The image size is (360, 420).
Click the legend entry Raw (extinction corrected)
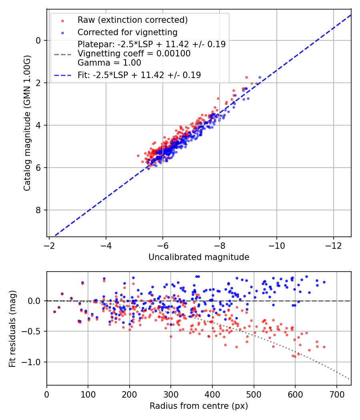[132, 20]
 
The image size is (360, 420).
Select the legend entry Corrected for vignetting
[127, 32]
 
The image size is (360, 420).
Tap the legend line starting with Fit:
[139, 75]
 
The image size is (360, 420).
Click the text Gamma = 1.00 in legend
[109, 62]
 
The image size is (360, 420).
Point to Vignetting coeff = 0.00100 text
[134, 53]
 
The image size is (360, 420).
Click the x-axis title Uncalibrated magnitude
[199, 257]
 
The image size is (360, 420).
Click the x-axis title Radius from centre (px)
[199, 406]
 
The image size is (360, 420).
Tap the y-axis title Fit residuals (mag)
[12, 328]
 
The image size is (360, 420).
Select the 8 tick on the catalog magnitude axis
[39, 210]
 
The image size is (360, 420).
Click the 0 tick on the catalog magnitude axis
[39, 40]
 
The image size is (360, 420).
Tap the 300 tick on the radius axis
[171, 394]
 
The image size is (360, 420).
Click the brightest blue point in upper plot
[260, 77]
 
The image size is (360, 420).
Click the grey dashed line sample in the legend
[62, 54]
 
